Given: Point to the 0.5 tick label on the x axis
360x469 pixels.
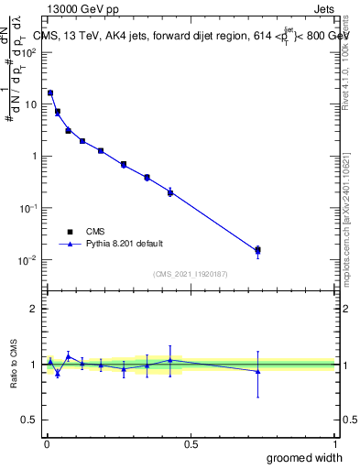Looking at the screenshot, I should tap(191, 443).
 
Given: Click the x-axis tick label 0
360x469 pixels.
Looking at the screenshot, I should tap(46, 443).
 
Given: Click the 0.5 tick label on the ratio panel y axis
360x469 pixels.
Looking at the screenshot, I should tap(31, 420).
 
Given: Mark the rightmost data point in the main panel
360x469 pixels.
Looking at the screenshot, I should tap(258, 249).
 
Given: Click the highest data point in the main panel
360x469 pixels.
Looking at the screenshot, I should tap(50, 93).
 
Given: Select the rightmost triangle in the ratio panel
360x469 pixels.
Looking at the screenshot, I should tap(258, 371).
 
